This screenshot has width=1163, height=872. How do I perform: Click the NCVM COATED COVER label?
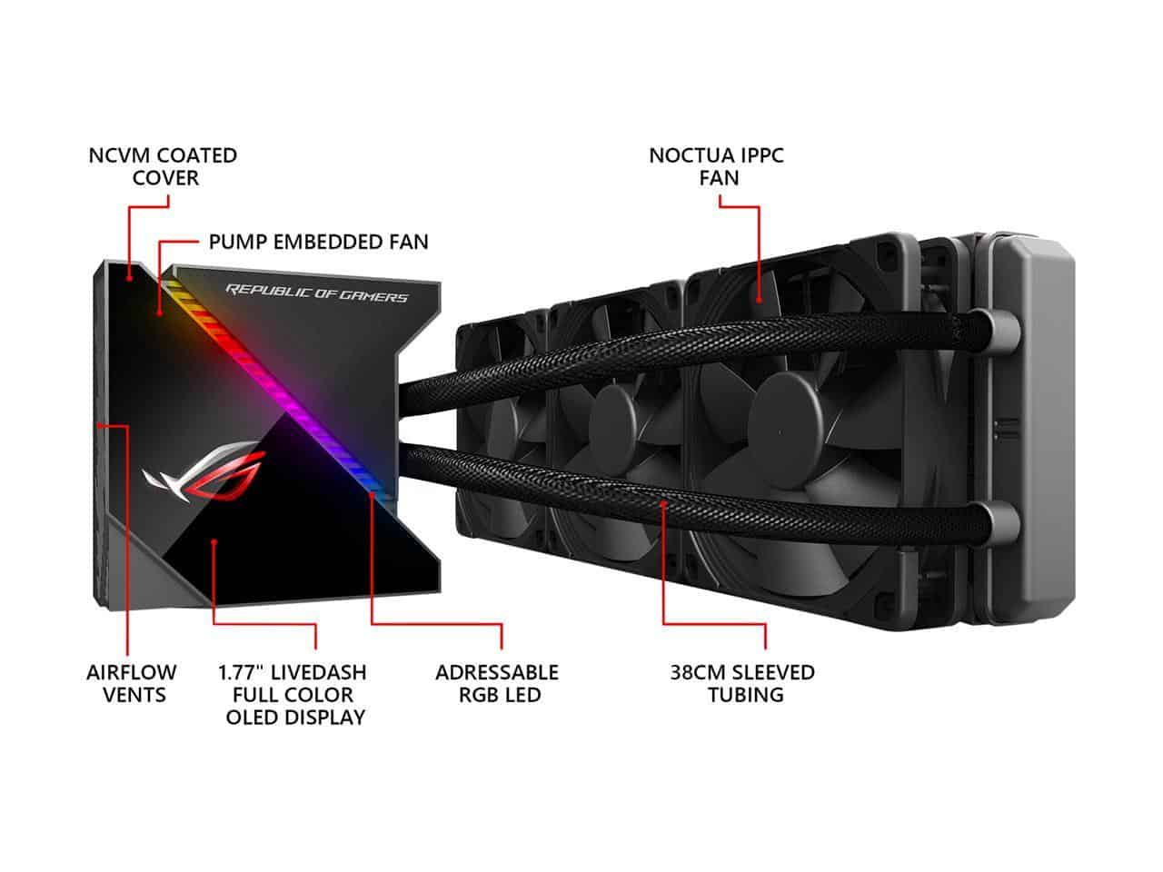tap(163, 166)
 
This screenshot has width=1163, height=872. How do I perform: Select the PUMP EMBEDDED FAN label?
tap(318, 242)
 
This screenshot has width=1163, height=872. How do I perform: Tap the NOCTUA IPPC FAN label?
tap(717, 166)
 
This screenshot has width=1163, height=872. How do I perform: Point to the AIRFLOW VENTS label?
tap(132, 684)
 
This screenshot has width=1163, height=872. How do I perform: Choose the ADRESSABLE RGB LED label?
tap(497, 684)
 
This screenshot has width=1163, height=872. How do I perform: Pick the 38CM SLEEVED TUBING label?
tap(742, 684)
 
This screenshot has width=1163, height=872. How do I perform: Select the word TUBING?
tap(742, 696)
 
